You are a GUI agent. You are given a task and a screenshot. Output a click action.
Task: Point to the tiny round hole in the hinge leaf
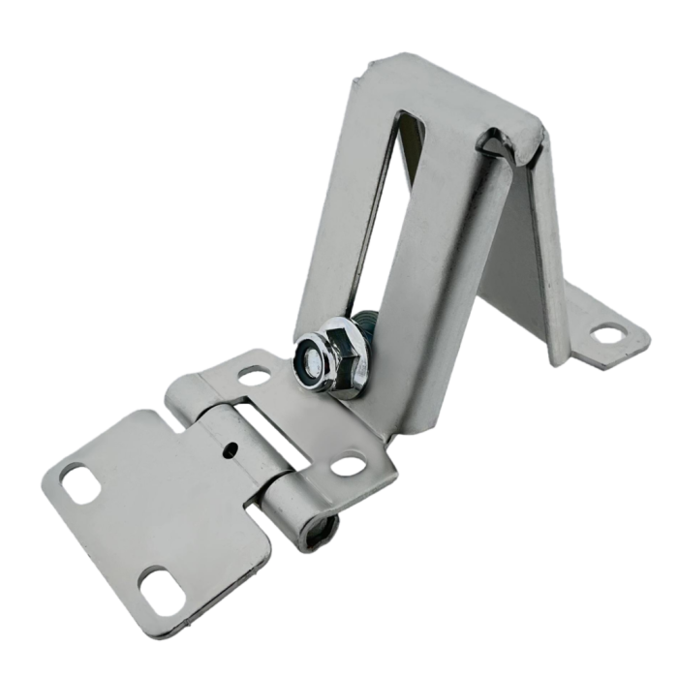tap(231, 448)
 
